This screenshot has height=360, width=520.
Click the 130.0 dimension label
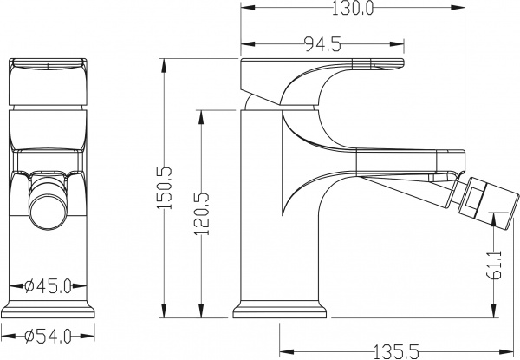[348, 10]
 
